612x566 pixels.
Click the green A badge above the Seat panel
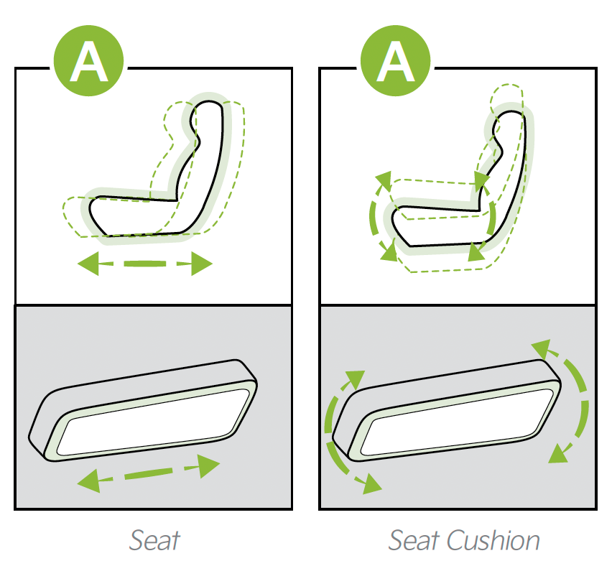point(88,60)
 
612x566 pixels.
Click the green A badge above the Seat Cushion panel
point(395,60)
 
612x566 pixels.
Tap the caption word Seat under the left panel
point(154,541)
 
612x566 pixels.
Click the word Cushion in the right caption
point(493,541)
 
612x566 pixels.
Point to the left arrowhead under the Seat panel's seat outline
point(88,264)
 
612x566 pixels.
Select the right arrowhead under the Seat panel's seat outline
point(201,264)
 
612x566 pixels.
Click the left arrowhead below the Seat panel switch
point(89,481)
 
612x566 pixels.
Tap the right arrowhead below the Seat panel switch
point(209,465)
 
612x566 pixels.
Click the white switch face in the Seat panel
point(154,422)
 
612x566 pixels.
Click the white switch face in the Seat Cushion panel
point(457,422)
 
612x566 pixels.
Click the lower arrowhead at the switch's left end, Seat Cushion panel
point(371,484)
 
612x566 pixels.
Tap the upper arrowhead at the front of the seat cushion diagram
point(384,180)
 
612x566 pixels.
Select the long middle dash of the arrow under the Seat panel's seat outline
point(145,264)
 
